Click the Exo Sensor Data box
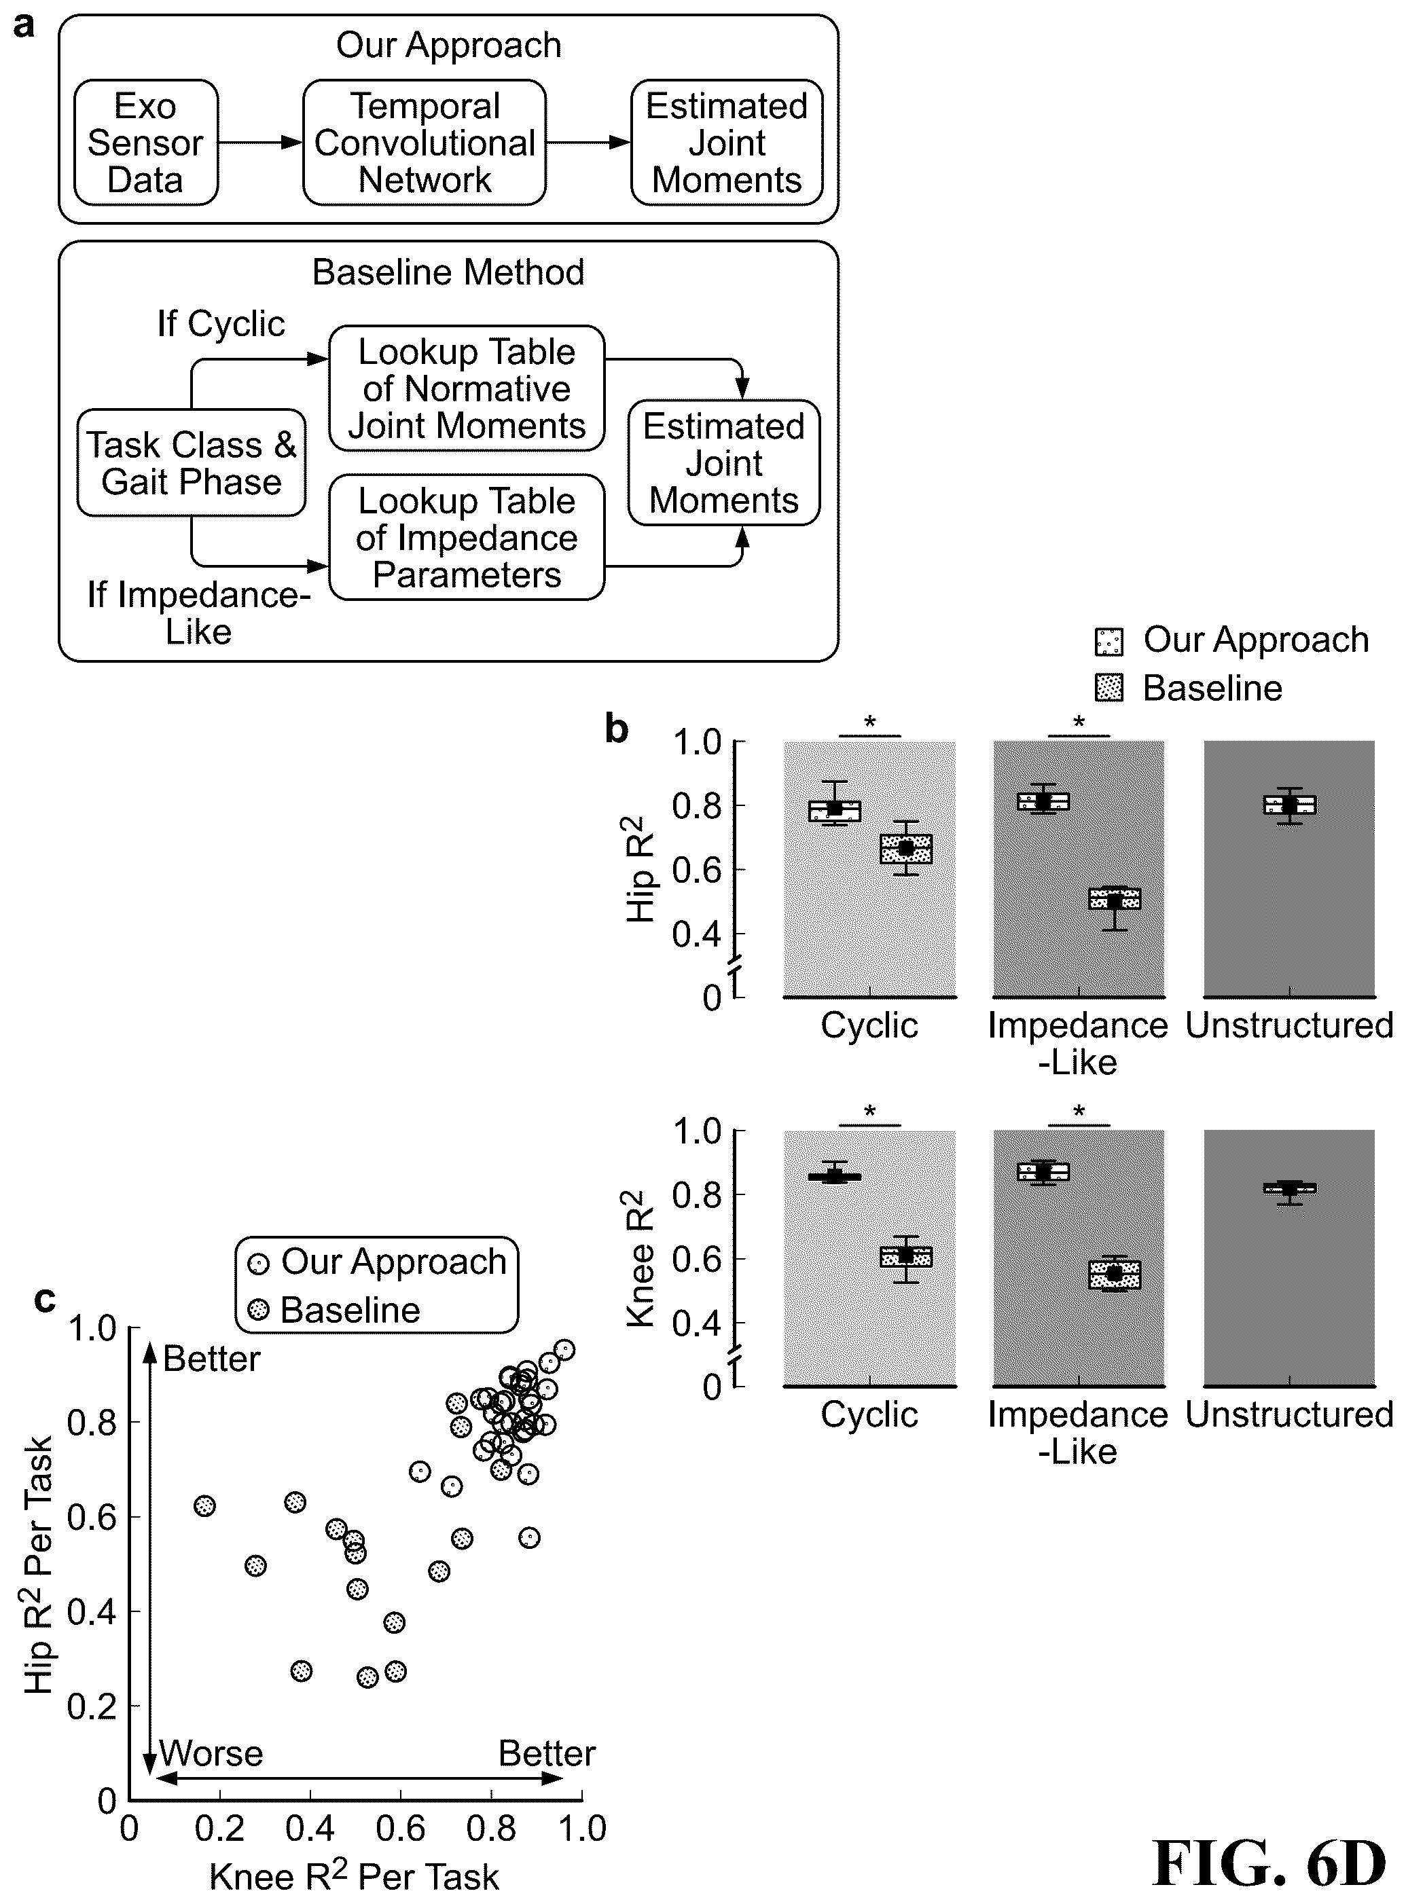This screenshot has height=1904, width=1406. pos(145,143)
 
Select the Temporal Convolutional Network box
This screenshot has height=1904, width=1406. pos(425,143)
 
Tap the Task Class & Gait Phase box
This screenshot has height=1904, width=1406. pos(192,463)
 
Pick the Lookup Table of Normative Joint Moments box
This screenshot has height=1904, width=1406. pos(467,388)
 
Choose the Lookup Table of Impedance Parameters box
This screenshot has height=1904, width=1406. pos(467,538)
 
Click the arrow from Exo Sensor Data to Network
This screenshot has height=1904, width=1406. pos(260,143)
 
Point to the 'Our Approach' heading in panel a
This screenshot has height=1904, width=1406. pos(448,45)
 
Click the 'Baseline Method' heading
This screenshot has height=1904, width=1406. pos(448,272)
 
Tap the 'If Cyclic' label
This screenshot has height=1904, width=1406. pos(221,324)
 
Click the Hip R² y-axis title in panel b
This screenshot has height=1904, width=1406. pos(643,869)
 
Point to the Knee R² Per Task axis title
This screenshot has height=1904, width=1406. pos(354,1876)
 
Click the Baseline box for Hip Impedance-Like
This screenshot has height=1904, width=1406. pos(1114,898)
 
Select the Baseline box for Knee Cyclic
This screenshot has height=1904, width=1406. pos(905,1257)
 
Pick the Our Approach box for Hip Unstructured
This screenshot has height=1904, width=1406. pos(1289,805)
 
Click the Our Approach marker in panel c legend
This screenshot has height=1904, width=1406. pos(258,1264)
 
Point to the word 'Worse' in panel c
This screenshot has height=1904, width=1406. pos(211,1753)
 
